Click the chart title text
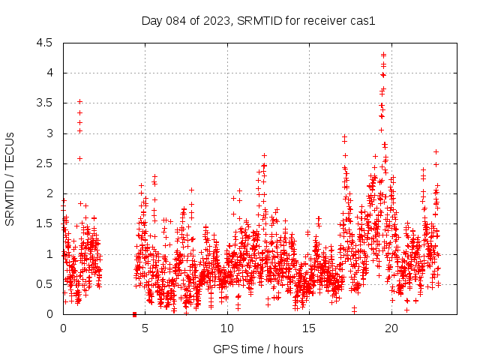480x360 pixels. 258,21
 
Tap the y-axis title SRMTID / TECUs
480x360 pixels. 10,178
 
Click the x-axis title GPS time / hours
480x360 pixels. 258,349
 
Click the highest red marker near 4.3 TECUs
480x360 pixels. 383,55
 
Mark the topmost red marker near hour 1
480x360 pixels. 79,101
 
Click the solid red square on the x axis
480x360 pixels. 134,314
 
